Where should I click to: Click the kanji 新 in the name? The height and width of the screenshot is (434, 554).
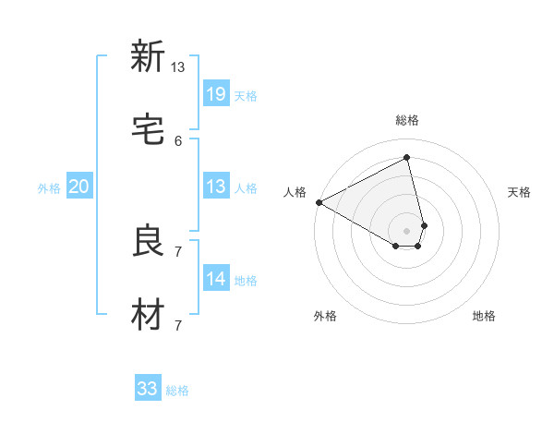tap(148, 56)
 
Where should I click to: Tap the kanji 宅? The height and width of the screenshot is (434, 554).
tap(148, 130)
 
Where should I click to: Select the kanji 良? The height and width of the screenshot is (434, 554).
tap(148, 241)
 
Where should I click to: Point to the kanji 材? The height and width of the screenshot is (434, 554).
tap(148, 315)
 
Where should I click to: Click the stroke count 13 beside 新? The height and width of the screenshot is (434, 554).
tap(178, 67)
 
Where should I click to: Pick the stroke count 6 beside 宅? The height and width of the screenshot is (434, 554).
tap(178, 141)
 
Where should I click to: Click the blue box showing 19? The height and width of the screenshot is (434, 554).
tap(215, 94)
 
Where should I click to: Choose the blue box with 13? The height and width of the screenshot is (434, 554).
tap(215, 187)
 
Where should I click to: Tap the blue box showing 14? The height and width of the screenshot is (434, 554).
tap(215, 279)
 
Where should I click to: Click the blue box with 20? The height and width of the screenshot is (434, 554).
tap(79, 187)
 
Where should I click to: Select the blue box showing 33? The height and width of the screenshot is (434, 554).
tap(148, 389)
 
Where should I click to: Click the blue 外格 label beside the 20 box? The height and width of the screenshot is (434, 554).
tap(49, 187)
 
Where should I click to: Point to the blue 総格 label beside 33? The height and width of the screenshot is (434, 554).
tap(177, 391)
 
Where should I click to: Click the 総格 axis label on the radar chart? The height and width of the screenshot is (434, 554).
tap(407, 120)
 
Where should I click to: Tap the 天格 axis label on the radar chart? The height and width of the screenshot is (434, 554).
tap(520, 192)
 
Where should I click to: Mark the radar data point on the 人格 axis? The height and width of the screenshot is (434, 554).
tap(319, 202)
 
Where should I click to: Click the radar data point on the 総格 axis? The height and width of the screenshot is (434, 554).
tap(407, 157)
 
